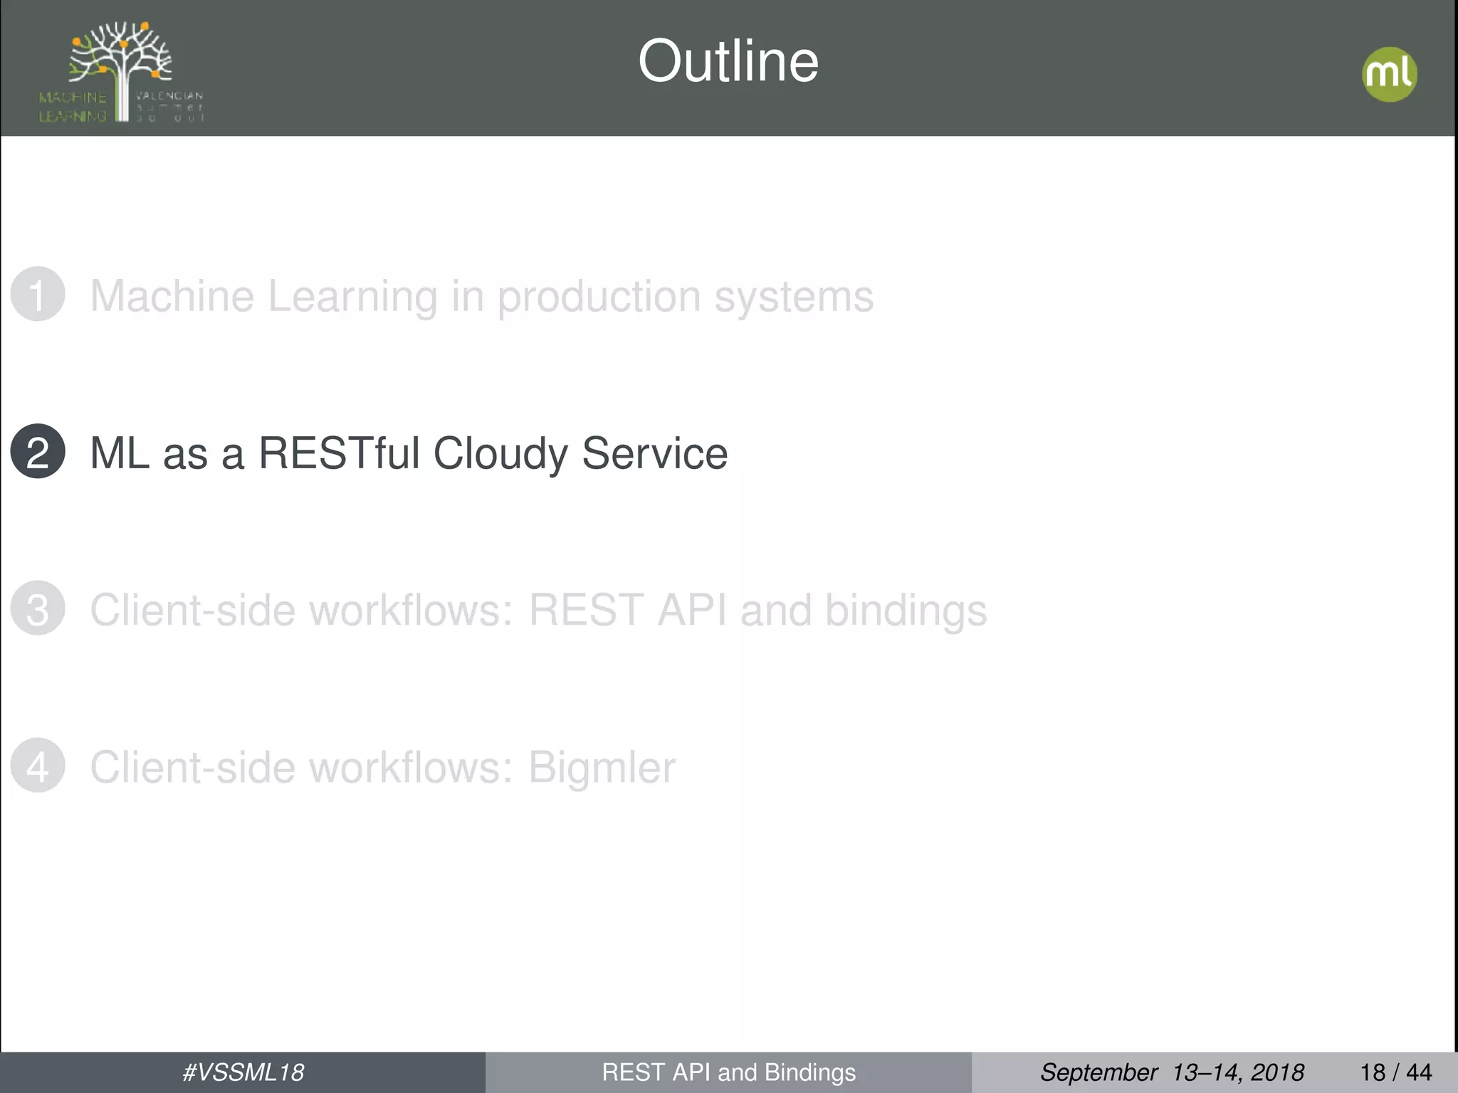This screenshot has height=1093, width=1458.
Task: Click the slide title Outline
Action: pos(728,61)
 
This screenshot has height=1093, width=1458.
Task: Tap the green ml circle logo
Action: pos(1389,74)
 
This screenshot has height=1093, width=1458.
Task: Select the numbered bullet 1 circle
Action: pos(38,294)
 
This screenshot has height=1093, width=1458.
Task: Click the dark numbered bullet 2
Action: pos(38,451)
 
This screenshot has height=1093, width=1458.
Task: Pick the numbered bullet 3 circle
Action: pos(38,608)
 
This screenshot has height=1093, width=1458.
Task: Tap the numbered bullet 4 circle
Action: pos(38,766)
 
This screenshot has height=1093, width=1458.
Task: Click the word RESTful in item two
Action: pos(339,453)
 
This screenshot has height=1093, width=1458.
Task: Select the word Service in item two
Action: pos(654,453)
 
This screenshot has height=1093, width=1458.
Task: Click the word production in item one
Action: pos(599,296)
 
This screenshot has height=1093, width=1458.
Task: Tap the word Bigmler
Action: pos(602,768)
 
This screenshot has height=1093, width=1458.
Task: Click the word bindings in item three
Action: pos(906,611)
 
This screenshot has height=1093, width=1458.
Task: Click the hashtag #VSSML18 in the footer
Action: pos(243,1072)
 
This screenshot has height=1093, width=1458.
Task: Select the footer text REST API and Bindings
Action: pos(728,1072)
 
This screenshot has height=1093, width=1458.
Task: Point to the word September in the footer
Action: pos(1098,1072)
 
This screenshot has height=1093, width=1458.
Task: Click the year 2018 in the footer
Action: pos(1277,1072)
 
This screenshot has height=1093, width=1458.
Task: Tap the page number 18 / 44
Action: pos(1395,1072)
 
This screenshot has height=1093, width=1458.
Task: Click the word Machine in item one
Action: pos(172,296)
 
